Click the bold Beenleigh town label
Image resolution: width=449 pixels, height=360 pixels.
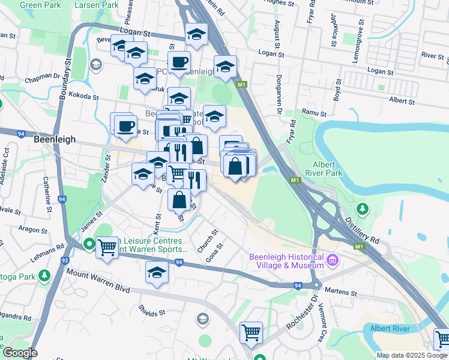pyautogui.click(x=55, y=139)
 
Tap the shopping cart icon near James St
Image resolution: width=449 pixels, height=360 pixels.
pyautogui.click(x=107, y=247)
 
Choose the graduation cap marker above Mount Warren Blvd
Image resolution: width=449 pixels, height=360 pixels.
pyautogui.click(x=157, y=273)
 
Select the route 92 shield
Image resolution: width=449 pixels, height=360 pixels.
pyautogui.click(x=64, y=261)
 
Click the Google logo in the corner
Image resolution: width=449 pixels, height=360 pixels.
pyautogui.click(x=19, y=353)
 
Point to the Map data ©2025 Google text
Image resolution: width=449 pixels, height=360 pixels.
pyautogui.click(x=412, y=355)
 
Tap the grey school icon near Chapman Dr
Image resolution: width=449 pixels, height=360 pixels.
pyautogui.click(x=95, y=64)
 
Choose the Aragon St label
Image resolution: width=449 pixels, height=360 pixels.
pyautogui.click(x=34, y=230)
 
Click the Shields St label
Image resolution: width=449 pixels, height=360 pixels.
pyautogui.click(x=151, y=313)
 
